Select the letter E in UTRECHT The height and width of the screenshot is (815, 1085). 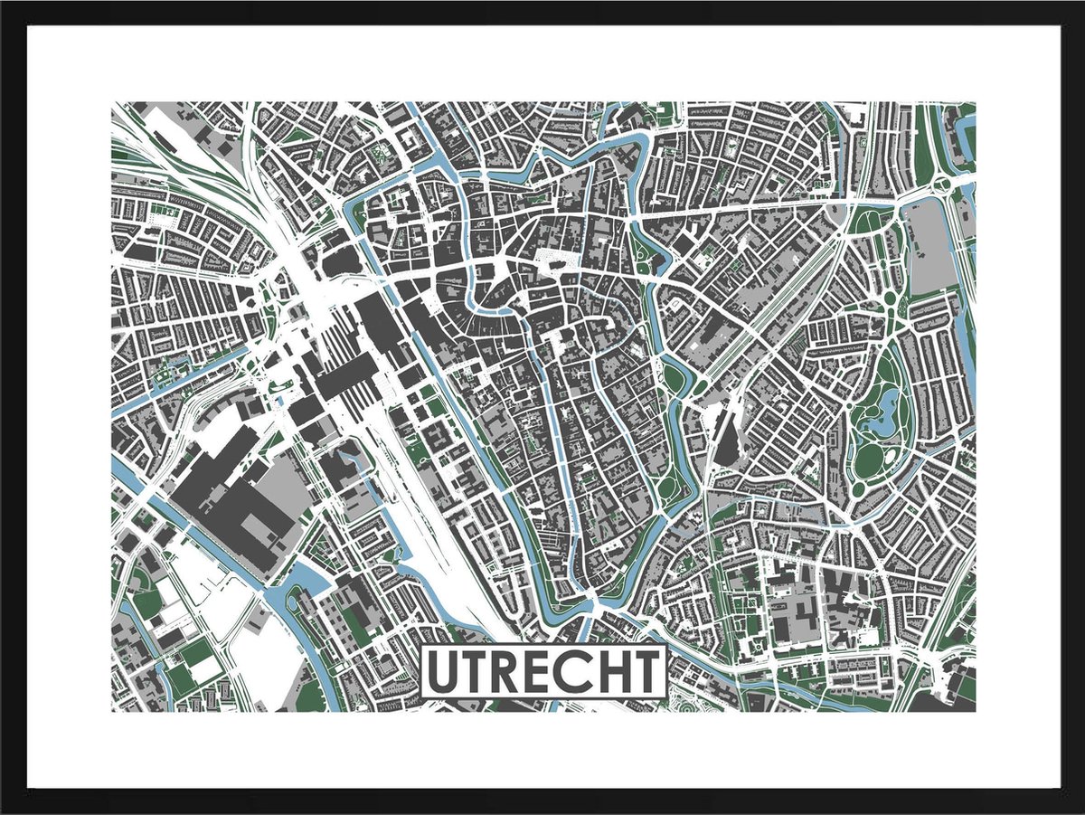click(x=539, y=672)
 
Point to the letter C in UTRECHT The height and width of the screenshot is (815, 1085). click(x=572, y=672)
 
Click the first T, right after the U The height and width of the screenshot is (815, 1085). click(x=475, y=672)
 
